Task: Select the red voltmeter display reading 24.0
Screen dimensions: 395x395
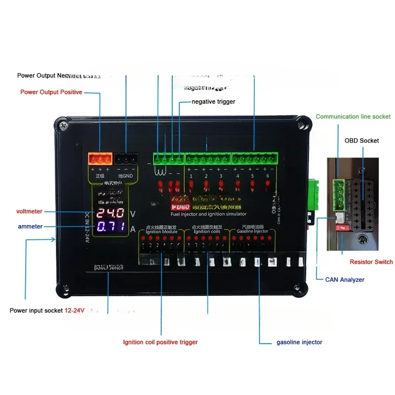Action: (111, 214)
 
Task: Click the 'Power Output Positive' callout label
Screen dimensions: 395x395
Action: (51, 92)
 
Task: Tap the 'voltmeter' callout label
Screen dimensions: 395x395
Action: (29, 211)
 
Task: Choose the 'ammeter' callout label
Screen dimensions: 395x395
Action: (30, 226)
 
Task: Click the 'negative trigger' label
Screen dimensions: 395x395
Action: (213, 102)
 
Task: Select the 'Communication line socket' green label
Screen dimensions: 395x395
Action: (353, 117)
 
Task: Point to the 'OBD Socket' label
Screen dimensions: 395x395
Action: (361, 141)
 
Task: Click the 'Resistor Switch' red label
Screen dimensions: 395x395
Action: (371, 262)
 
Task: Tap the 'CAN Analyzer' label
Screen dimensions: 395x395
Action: (345, 279)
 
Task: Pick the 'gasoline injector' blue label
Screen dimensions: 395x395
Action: (299, 342)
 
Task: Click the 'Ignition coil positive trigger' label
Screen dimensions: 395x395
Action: (160, 342)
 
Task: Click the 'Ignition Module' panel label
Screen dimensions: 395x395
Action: (158, 232)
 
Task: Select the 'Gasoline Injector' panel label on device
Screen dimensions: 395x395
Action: (252, 232)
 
